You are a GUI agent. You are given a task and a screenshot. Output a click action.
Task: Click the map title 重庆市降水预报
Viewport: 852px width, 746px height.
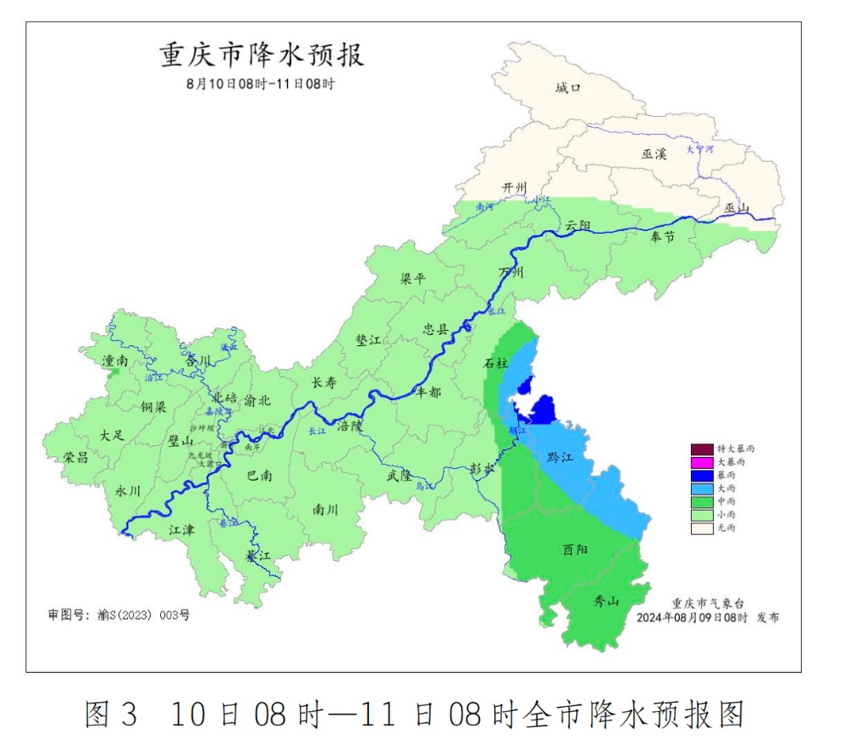[262, 56]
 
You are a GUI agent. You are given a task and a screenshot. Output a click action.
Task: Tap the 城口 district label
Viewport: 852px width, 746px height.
[567, 88]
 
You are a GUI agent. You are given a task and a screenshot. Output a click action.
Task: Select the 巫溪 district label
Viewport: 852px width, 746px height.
[654, 153]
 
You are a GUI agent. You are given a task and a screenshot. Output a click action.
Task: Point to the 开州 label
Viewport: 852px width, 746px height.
[515, 188]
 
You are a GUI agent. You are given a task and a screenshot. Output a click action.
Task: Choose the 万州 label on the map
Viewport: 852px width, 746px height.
[511, 273]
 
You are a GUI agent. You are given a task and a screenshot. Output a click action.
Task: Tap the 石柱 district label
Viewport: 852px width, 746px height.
[495, 364]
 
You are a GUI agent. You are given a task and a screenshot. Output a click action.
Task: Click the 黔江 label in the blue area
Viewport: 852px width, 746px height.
[561, 458]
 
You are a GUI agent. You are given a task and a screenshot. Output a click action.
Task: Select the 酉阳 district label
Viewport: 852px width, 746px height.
[575, 550]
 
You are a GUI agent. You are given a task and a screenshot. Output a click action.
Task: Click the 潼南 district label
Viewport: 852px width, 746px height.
[114, 361]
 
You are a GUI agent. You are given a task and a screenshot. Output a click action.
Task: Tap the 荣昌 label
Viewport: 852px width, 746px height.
[76, 457]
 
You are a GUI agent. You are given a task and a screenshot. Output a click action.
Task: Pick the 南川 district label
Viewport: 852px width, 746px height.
[325, 510]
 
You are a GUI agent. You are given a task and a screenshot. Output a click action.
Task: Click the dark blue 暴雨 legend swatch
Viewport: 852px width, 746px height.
[701, 475]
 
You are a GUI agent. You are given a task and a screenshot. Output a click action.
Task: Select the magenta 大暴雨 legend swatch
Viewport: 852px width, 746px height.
[701, 462]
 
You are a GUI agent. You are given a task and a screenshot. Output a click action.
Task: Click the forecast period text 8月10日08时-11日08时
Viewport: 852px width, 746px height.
[260, 84]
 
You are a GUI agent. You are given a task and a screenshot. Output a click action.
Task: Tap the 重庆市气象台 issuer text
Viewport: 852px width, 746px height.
[702, 602]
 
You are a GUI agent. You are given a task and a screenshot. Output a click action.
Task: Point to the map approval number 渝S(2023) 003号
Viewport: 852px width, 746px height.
[118, 614]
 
